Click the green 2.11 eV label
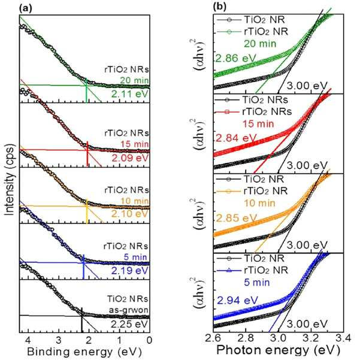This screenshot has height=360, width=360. [x=130, y=94]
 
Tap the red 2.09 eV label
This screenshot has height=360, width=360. [x=130, y=158]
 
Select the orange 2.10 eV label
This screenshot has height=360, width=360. [x=130, y=213]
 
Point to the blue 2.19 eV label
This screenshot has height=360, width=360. [x=130, y=271]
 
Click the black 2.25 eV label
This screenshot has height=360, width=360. [x=130, y=324]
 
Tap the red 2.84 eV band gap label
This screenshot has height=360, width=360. [x=235, y=138]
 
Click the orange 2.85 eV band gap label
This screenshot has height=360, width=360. [x=236, y=218]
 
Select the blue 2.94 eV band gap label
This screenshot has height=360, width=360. [x=237, y=300]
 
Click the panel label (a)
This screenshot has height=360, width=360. [x=26, y=8]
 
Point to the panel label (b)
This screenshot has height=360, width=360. [x=220, y=7]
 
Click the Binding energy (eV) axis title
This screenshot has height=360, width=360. [x=84, y=352]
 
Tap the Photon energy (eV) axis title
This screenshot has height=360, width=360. [x=278, y=350]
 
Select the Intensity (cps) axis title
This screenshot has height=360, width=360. [x=10, y=180]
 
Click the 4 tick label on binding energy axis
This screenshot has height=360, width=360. [x=28, y=340]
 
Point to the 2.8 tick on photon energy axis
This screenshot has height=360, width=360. [x=246, y=338]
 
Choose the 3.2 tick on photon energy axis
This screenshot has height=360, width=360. [x=311, y=338]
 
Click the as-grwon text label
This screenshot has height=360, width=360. [x=129, y=310]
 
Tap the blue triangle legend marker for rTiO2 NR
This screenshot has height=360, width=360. [x=229, y=271]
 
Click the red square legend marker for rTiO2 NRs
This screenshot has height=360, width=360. [x=227, y=112]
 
